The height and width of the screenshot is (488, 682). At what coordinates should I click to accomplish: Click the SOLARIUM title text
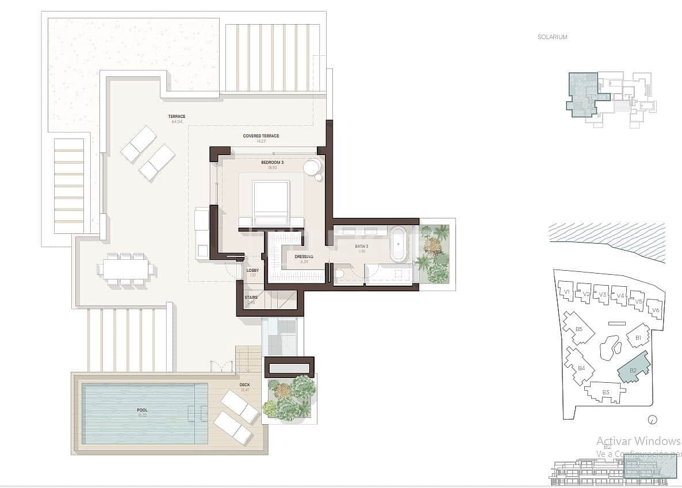point(552,37)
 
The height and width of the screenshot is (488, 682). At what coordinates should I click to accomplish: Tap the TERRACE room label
point(177,117)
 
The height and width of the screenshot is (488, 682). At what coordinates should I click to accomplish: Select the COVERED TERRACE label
point(260,136)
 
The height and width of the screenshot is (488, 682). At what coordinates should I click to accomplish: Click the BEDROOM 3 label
point(273,163)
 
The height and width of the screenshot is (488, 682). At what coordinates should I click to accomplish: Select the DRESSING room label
point(304,257)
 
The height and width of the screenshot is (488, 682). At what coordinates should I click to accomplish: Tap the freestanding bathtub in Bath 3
point(398,244)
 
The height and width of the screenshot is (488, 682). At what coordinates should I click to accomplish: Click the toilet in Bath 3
point(342,274)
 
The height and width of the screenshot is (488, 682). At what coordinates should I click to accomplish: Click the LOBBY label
point(252,271)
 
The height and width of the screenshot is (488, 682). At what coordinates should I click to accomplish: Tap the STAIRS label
point(251,298)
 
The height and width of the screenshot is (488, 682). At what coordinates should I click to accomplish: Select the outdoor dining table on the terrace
point(126,269)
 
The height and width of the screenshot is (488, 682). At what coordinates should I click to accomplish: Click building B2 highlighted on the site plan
point(633,369)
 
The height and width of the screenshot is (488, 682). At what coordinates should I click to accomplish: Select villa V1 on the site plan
point(566,292)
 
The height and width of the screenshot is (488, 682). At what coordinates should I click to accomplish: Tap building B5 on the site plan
point(578,329)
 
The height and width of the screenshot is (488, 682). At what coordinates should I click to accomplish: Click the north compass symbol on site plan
point(652,419)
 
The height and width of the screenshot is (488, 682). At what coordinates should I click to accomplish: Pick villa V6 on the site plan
point(655,309)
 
